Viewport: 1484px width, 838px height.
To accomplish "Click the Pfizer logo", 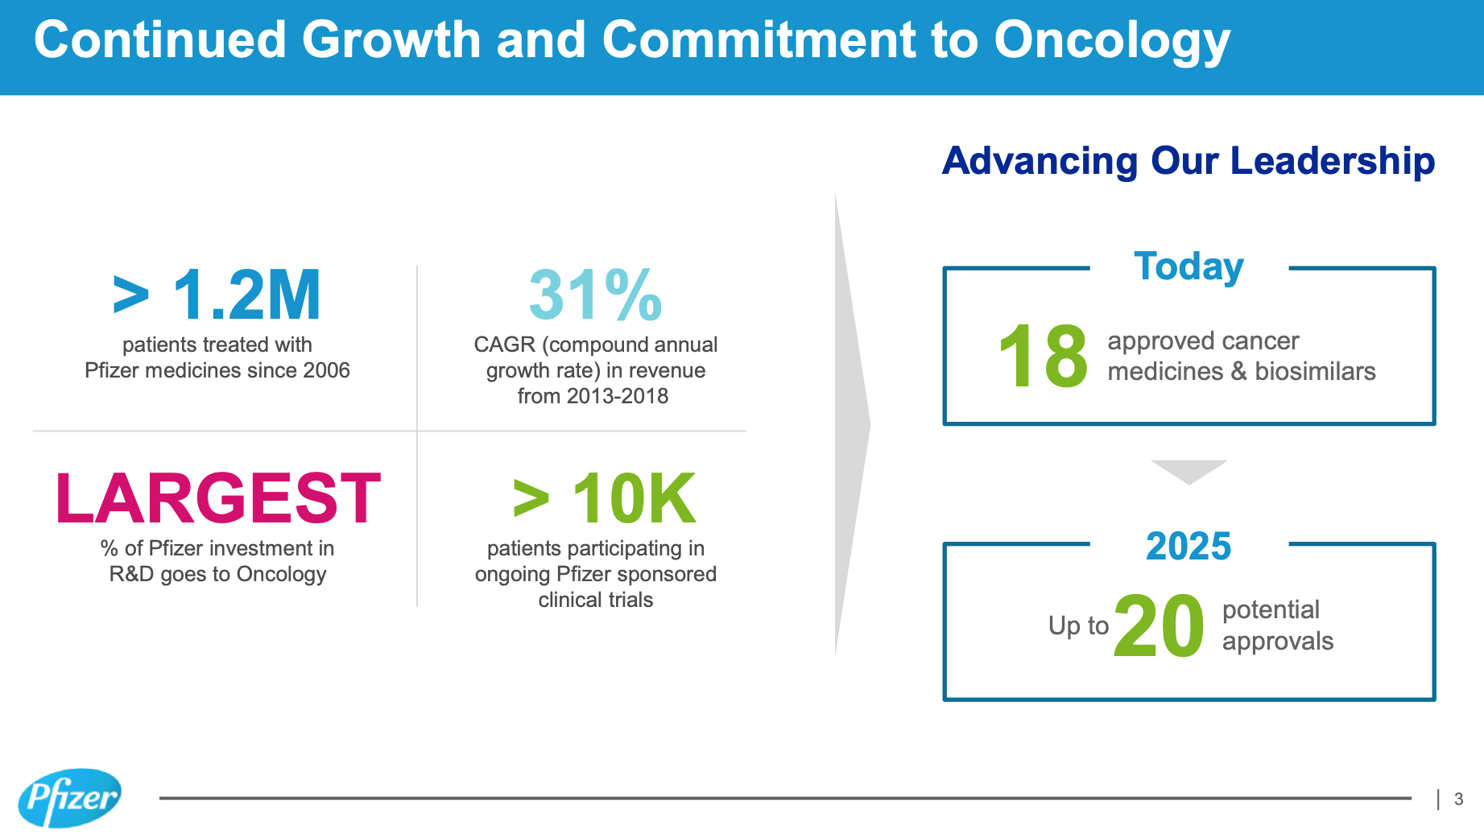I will click(69, 798).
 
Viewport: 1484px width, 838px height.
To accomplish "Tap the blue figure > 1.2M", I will click(217, 295).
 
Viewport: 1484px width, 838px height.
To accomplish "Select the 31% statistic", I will click(595, 295).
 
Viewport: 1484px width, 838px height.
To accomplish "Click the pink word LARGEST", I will click(217, 499).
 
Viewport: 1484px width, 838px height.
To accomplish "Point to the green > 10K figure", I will click(604, 499).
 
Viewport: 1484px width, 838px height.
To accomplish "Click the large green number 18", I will click(1043, 356).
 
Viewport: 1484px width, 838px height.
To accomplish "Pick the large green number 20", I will click(1159, 626).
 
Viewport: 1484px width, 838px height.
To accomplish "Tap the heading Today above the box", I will click(1188, 266).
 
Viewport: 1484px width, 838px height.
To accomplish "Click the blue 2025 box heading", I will click(1188, 547).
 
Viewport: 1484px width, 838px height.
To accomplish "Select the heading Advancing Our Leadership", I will click(1188, 160).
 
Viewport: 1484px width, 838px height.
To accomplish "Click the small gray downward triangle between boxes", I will click(1188, 471).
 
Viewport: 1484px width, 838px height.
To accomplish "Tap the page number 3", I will click(1458, 799).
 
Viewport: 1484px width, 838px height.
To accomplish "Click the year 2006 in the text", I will click(326, 370).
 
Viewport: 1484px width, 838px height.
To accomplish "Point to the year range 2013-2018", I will click(617, 396).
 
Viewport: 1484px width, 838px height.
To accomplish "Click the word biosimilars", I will click(1315, 371).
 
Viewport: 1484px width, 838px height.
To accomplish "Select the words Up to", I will click(1078, 625).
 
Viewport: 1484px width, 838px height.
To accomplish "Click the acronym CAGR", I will click(504, 345).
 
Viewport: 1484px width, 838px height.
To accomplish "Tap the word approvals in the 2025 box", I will click(1278, 642).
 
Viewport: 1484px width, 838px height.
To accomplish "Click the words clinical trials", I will click(595, 600).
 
